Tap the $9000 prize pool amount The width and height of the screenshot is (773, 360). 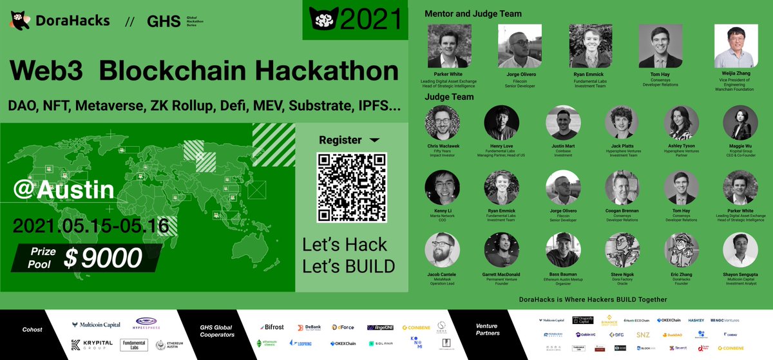[103, 258]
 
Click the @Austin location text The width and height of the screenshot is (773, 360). [64, 190]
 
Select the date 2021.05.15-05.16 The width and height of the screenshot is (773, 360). [90, 225]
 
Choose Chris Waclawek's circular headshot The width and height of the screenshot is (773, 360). [443, 123]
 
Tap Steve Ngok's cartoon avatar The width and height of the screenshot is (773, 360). [621, 251]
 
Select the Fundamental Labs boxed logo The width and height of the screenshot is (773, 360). [135, 345]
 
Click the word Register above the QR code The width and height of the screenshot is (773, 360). [341, 139]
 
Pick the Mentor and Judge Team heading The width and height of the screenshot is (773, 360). [473, 14]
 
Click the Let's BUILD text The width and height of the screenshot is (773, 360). [348, 265]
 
